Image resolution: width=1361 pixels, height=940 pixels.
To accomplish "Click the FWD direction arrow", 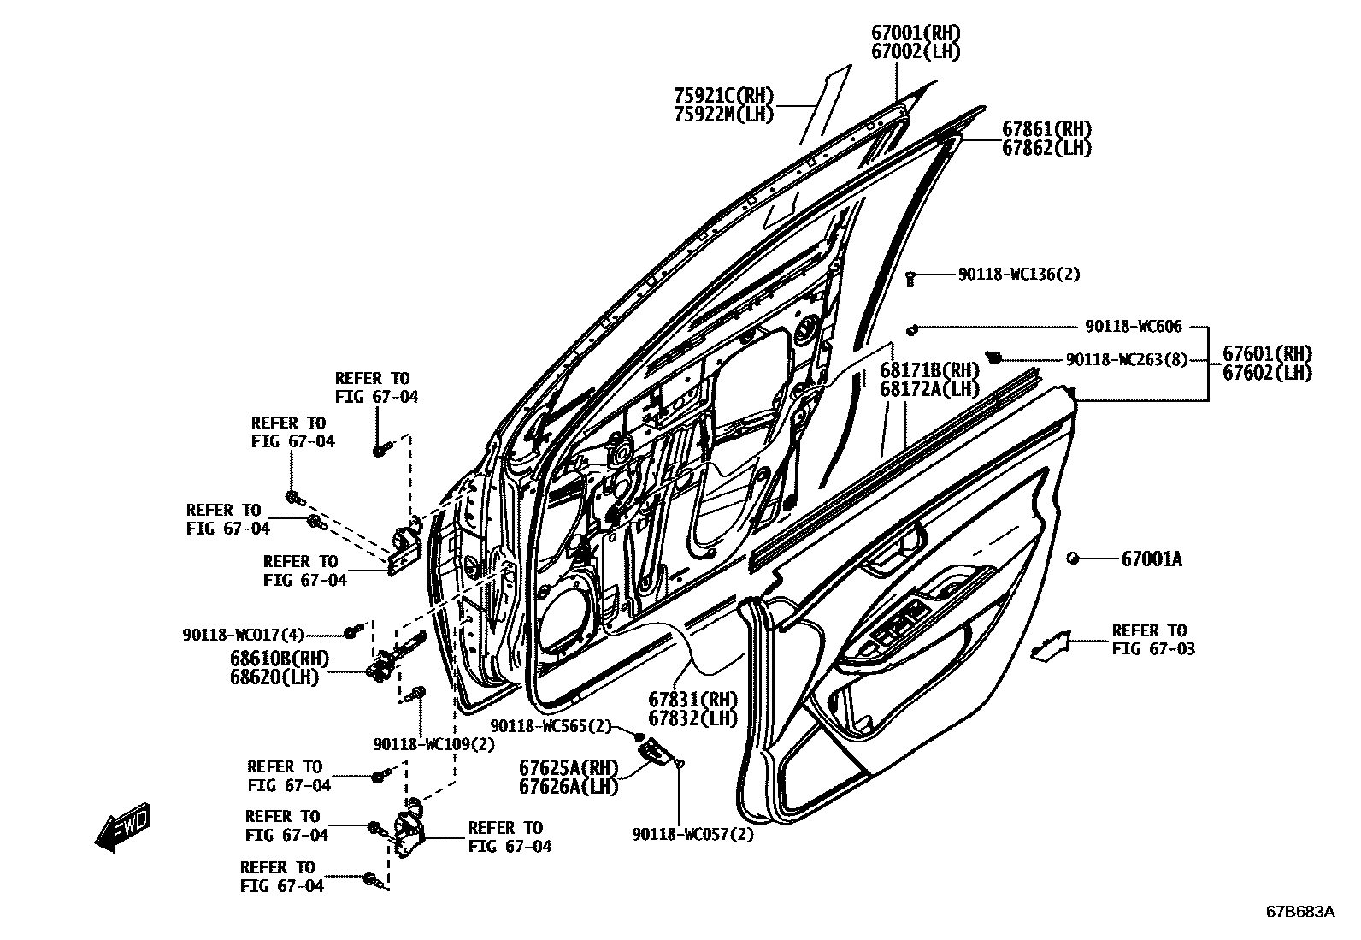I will (122, 826).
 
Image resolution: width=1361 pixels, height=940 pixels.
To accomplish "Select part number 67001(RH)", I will (916, 33).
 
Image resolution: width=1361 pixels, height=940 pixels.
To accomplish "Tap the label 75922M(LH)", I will (723, 113).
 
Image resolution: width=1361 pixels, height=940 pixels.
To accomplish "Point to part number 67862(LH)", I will (1046, 148).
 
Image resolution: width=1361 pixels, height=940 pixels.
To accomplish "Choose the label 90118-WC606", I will (1134, 327).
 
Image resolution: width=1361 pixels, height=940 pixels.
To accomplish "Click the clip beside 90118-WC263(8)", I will (994, 356).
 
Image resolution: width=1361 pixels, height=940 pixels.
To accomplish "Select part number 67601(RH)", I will (1267, 354).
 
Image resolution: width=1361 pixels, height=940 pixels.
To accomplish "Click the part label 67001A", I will (1152, 559).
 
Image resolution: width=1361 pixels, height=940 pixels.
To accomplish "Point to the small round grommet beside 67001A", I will (1072, 558).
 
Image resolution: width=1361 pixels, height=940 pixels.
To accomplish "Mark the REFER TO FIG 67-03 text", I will (1152, 640).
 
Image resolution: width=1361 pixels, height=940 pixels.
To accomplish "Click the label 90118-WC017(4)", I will (243, 635).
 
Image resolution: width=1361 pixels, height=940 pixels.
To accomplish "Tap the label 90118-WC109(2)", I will (433, 743).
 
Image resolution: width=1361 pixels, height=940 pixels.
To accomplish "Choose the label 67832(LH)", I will (692, 718).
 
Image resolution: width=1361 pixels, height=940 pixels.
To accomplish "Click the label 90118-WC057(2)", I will (693, 834).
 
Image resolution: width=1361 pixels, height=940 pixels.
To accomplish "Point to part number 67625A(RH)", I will (568, 767).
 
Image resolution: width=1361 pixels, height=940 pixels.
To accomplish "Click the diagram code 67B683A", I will (1299, 911).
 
